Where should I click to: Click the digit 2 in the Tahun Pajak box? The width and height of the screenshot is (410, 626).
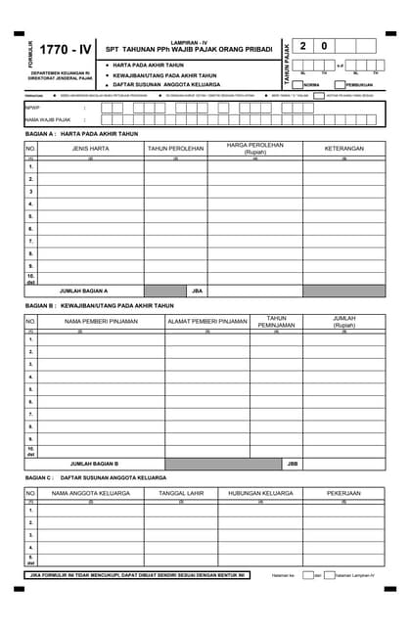click(x=303, y=46)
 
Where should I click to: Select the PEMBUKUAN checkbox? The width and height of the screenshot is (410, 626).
click(x=340, y=85)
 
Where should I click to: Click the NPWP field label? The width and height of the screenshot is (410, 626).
click(x=32, y=109)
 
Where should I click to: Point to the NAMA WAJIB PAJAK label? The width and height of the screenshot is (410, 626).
click(x=47, y=119)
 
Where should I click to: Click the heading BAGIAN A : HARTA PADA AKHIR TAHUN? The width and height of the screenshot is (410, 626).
click(x=81, y=133)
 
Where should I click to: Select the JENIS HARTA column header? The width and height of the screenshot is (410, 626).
click(x=90, y=149)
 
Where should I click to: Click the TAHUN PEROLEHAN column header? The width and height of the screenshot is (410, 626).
click(x=175, y=149)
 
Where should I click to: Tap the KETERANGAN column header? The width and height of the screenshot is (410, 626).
click(x=343, y=149)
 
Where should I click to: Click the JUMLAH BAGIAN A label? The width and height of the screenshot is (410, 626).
click(x=84, y=291)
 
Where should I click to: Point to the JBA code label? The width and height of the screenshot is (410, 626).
click(x=196, y=291)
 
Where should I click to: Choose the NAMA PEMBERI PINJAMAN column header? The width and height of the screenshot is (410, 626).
click(x=100, y=321)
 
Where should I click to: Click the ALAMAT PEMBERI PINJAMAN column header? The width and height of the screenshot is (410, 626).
click(x=206, y=321)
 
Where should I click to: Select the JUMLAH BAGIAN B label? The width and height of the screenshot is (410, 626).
click(x=94, y=463)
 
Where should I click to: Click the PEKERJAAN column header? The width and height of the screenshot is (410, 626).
click(x=343, y=493)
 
